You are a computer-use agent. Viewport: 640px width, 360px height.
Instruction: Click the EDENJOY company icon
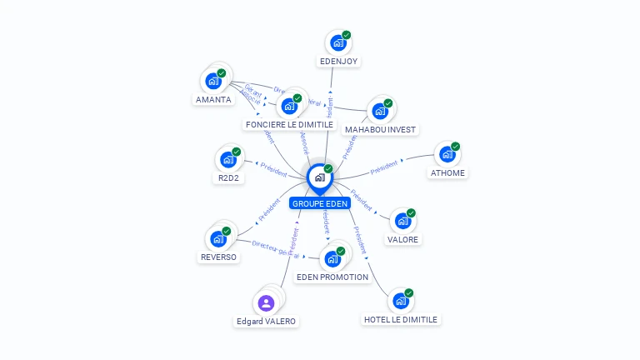337,42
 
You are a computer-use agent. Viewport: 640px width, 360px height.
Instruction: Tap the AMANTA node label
213,99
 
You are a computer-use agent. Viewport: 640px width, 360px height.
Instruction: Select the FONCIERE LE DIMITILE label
289,124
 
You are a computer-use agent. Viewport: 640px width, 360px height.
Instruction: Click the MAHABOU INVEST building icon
379,111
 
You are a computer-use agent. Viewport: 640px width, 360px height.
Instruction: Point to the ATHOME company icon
447,154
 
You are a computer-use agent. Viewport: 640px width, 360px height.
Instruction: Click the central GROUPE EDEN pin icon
319,177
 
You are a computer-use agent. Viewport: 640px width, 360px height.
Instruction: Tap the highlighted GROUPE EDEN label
320,203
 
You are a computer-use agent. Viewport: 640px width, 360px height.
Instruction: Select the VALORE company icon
402,221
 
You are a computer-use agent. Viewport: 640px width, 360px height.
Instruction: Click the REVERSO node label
219,257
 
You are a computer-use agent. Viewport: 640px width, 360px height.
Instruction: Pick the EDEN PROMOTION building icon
332,258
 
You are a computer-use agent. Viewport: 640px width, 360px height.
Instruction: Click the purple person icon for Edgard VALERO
266,302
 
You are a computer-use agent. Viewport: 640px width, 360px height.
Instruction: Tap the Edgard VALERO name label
266,321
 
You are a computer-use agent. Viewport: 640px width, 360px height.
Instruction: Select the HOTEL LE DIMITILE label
400,319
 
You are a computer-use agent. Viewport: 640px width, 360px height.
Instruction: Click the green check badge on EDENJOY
347,35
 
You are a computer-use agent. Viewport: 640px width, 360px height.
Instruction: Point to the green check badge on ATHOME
456,147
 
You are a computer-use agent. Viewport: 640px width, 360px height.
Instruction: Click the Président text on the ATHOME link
383,168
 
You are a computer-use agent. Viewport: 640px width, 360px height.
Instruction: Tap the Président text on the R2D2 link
274,167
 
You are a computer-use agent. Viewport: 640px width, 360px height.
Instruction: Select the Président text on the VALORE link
362,198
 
